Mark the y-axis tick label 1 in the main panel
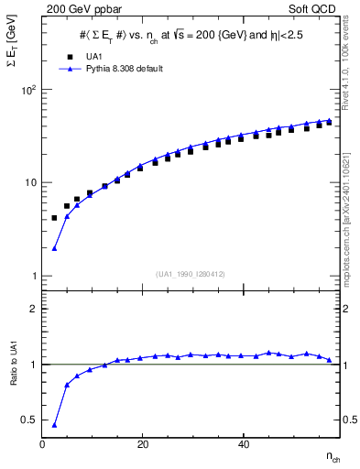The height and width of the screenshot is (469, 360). tap(34, 276)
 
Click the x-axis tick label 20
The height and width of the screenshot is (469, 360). tap(143, 445)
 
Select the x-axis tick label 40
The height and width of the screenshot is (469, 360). tap(243, 445)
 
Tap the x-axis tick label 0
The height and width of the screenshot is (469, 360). tap(43, 445)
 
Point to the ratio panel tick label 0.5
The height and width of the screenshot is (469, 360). tap(28, 420)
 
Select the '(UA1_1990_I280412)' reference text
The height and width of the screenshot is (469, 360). tap(191, 274)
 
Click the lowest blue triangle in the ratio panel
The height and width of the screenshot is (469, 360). tap(54, 425)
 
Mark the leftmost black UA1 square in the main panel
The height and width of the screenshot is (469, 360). tap(54, 218)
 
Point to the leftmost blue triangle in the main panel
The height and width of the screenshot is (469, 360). tap(54, 247)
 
